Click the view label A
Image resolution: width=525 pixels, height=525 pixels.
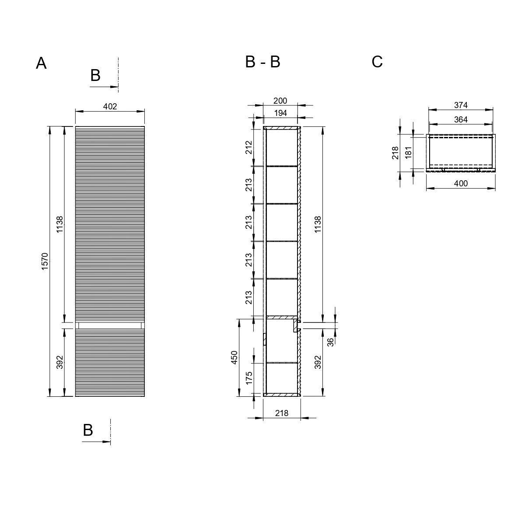pyautogui.click(x=41, y=63)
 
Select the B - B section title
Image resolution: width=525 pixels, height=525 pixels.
pyautogui.click(x=262, y=62)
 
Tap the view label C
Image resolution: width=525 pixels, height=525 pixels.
pyautogui.click(x=377, y=62)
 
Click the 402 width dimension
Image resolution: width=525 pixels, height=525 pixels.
pyautogui.click(x=110, y=106)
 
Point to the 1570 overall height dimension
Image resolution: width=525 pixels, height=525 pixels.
pyautogui.click(x=45, y=261)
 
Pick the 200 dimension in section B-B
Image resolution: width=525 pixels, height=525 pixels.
pyautogui.click(x=280, y=101)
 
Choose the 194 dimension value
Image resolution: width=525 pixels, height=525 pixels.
pyautogui.click(x=280, y=113)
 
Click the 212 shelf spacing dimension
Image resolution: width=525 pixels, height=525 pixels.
pyautogui.click(x=249, y=147)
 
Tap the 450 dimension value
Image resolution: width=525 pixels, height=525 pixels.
pyautogui.click(x=234, y=357)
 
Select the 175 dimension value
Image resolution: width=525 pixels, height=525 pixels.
pyautogui.click(x=249, y=378)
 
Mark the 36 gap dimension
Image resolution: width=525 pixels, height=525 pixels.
pyautogui.click(x=330, y=342)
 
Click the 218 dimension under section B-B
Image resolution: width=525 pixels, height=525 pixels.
pyautogui.click(x=281, y=413)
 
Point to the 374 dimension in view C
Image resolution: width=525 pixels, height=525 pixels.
pyautogui.click(x=461, y=105)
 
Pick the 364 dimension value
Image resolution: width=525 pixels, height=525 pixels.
pyautogui.click(x=461, y=119)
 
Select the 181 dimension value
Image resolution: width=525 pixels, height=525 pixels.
pyautogui.click(x=408, y=153)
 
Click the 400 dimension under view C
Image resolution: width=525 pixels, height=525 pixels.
pyautogui.click(x=461, y=183)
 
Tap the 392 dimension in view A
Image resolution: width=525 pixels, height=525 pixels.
pyautogui.click(x=59, y=362)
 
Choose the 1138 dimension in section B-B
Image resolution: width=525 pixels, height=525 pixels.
pyautogui.click(x=318, y=224)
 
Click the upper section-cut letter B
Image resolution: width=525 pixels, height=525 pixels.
pyautogui.click(x=95, y=75)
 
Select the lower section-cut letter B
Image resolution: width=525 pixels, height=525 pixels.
pyautogui.click(x=88, y=430)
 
